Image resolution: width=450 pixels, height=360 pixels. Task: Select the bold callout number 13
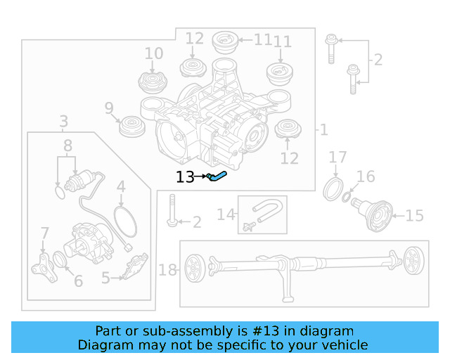pyautogui.click(x=185, y=177)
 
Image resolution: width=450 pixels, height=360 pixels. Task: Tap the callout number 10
pyautogui.click(x=153, y=53)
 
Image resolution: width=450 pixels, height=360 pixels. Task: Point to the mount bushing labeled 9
pyautogui.click(x=130, y=127)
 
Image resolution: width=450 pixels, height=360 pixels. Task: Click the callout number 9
pyautogui.click(x=109, y=108)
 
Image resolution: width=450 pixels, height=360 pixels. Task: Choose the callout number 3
pyautogui.click(x=63, y=122)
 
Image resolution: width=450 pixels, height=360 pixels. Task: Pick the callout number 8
pyautogui.click(x=67, y=146)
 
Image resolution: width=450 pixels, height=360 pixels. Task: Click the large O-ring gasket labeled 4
pyautogui.click(x=124, y=221)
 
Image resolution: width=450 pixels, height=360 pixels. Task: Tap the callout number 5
pyautogui.click(x=105, y=278)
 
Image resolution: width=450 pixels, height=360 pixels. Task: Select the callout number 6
pyautogui.click(x=77, y=281)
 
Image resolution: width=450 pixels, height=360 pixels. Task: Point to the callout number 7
pyautogui.click(x=44, y=233)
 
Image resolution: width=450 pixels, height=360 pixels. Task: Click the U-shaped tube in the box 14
pyautogui.click(x=268, y=213)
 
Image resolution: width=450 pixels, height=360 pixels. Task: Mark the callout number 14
pyautogui.click(x=226, y=214)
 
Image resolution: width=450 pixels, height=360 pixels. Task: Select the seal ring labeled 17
pyautogui.click(x=333, y=189)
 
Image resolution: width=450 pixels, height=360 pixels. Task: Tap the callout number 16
pyautogui.click(x=366, y=176)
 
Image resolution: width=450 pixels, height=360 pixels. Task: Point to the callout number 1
pyautogui.click(x=323, y=129)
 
